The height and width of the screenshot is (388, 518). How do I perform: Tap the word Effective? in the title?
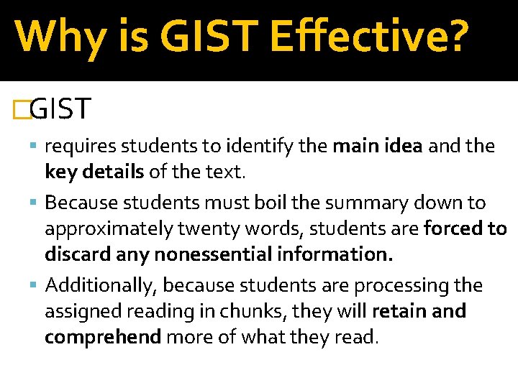(370, 37)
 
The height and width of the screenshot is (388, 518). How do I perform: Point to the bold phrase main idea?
(378, 147)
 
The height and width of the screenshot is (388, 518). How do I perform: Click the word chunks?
(247, 312)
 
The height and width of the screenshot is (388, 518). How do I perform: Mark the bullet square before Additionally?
(37, 286)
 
